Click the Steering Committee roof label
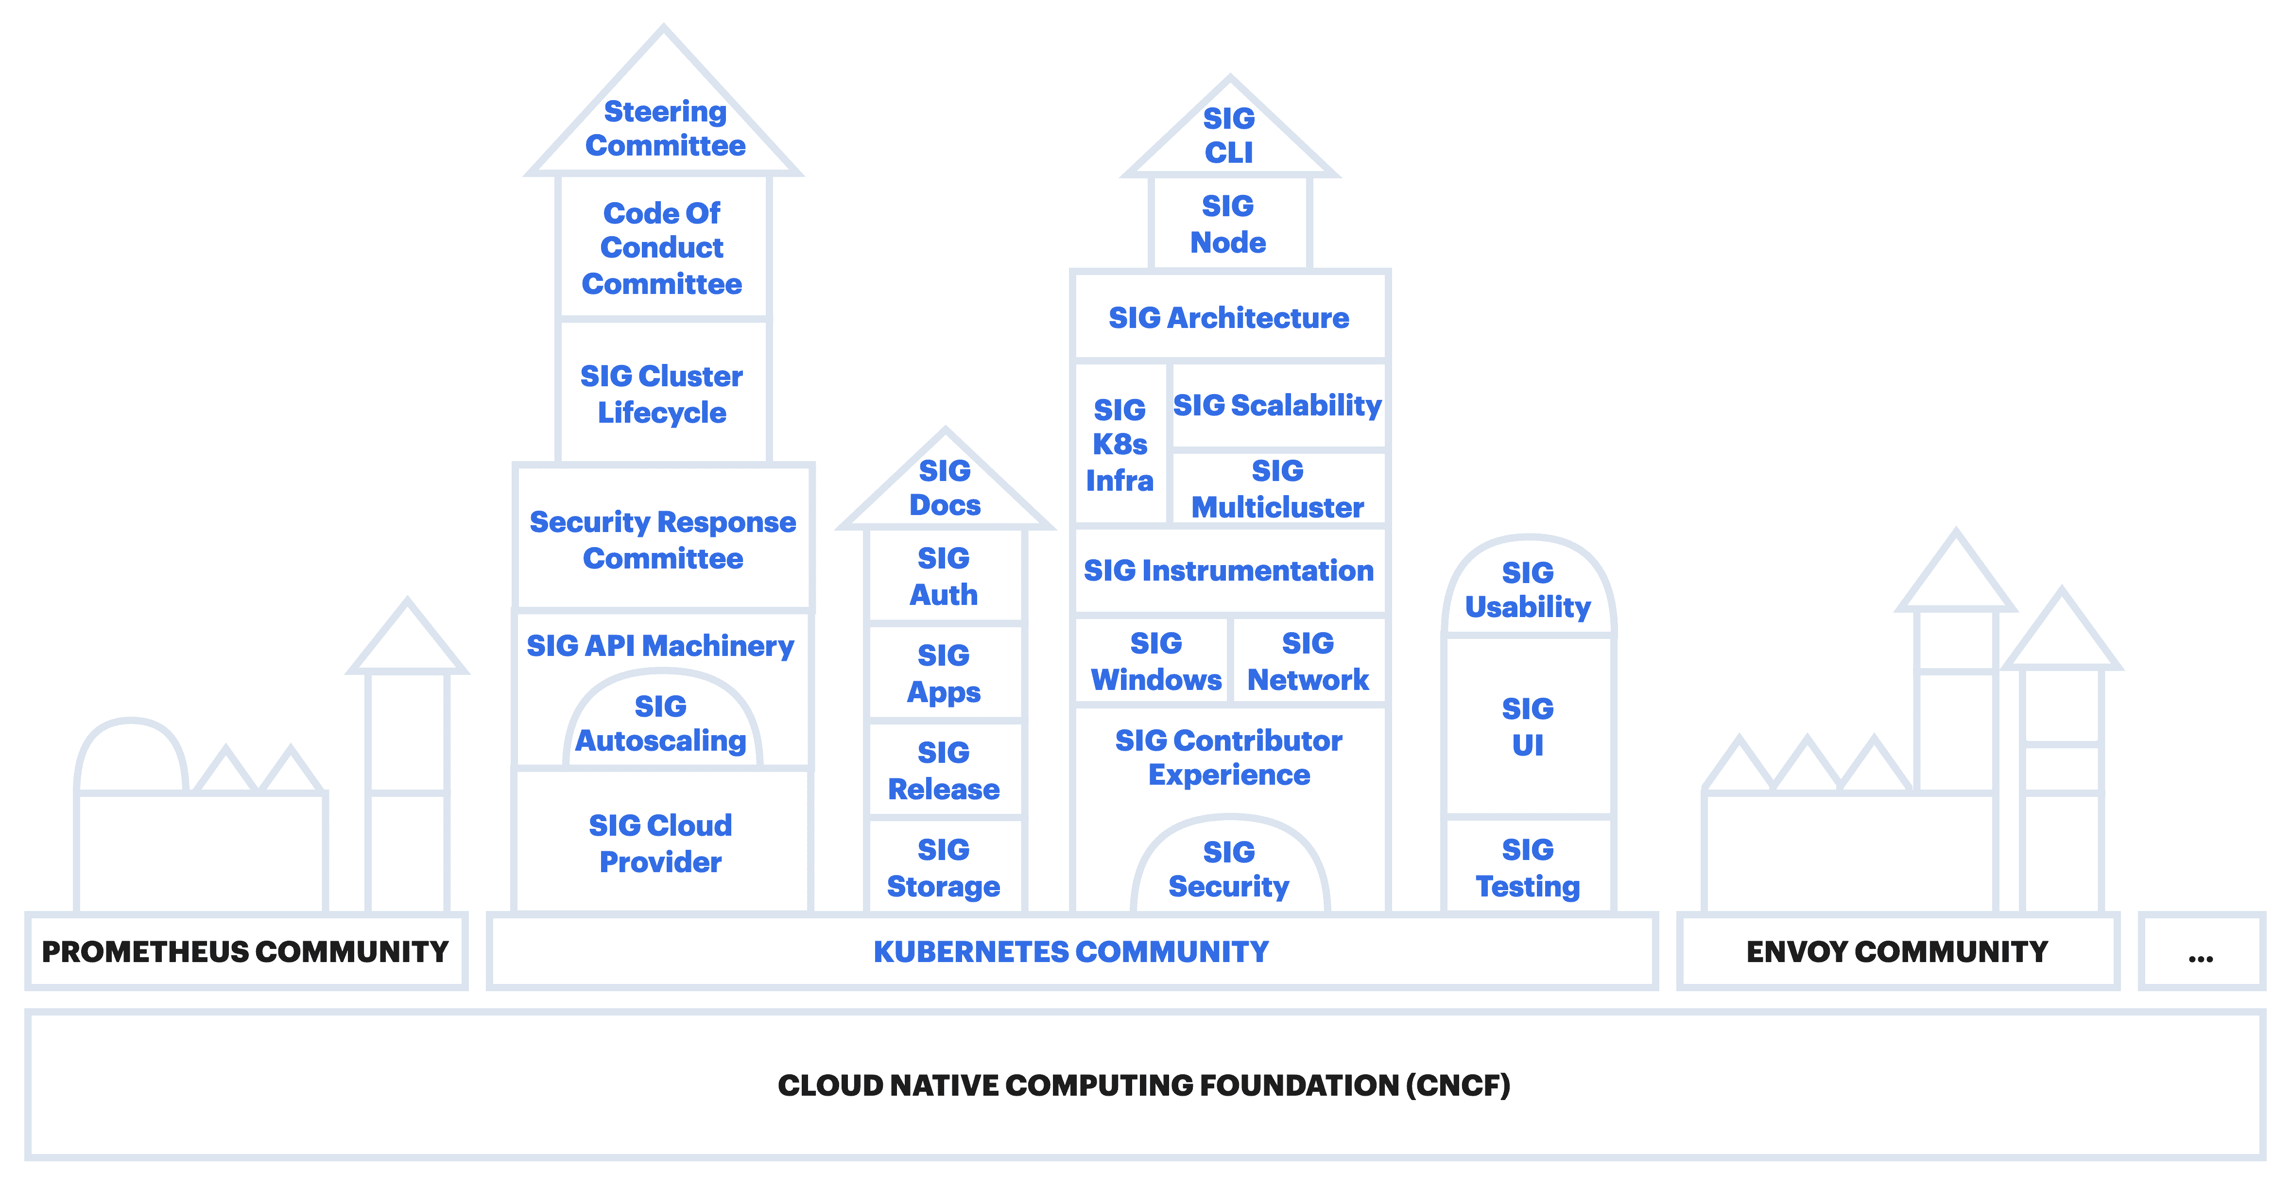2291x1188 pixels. point(664,129)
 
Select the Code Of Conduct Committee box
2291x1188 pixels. point(662,248)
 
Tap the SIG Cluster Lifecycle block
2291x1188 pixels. point(662,394)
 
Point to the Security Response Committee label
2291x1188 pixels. point(663,540)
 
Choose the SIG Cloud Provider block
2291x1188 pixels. point(661,843)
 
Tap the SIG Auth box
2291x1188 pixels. point(944,576)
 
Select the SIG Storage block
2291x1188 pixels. point(944,868)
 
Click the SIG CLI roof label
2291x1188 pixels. point(1229,135)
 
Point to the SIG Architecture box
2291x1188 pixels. point(1229,317)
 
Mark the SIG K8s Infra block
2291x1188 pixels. point(1120,445)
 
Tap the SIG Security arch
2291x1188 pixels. point(1229,869)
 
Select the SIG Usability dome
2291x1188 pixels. point(1528,589)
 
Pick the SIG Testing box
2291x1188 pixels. point(1528,868)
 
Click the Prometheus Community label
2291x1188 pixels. point(245,951)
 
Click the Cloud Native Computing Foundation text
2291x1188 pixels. point(1144,1085)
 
